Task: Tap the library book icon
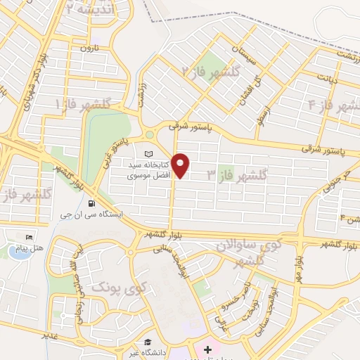tap(148, 153)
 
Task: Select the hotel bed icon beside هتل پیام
tap(29, 237)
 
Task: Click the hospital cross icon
tap(207, 349)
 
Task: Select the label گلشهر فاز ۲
tap(211, 71)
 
